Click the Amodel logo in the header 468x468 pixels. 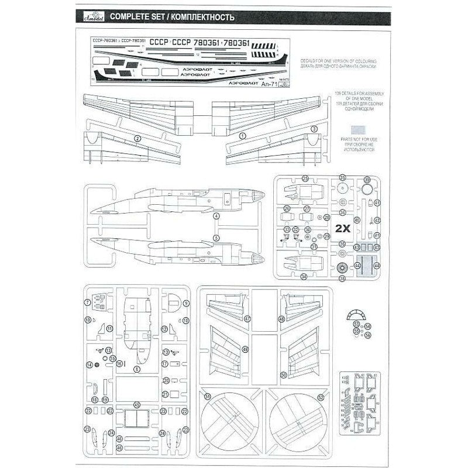click(x=89, y=15)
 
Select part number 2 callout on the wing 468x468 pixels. click(x=137, y=139)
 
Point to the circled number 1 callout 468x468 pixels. click(x=243, y=135)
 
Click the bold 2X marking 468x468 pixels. click(x=343, y=229)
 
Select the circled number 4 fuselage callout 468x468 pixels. click(x=216, y=216)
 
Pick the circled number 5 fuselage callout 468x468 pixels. click(x=216, y=238)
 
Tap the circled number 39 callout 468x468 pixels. click(x=367, y=180)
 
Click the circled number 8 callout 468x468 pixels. click(x=136, y=369)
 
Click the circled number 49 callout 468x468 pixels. click(x=246, y=349)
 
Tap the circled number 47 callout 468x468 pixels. click(x=247, y=319)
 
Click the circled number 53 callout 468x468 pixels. click(x=356, y=324)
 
